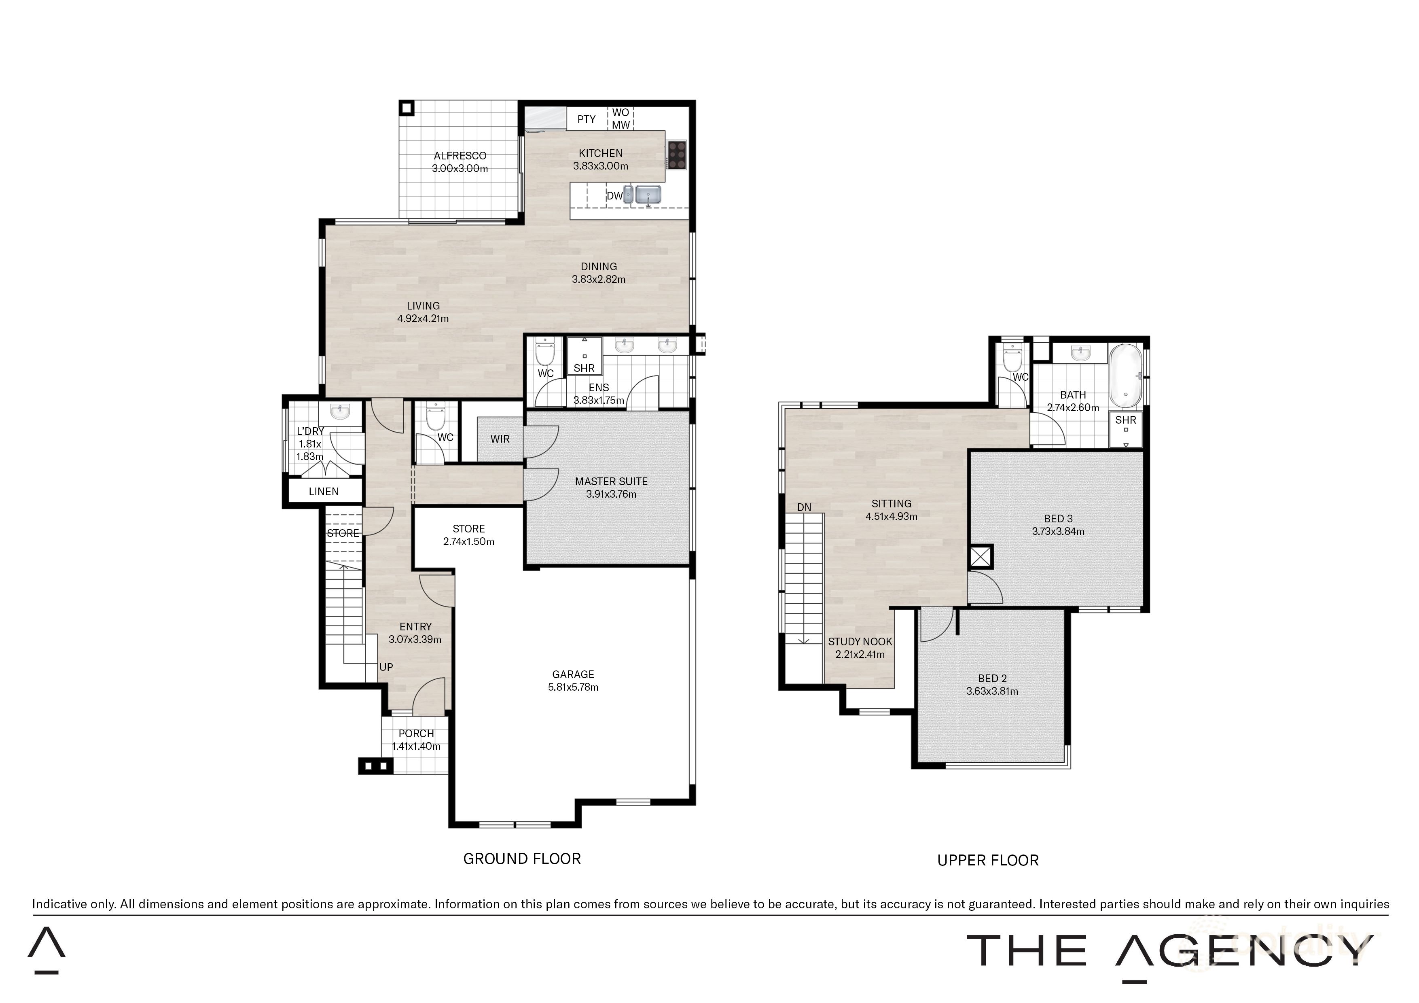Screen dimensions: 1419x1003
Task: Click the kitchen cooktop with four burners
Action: pyautogui.click(x=677, y=155)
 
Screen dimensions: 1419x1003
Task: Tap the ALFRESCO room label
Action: pyautogui.click(x=460, y=156)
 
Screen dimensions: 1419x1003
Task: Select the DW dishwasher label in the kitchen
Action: pyautogui.click(x=614, y=196)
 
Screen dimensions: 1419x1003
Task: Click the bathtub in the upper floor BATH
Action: pyautogui.click(x=1126, y=375)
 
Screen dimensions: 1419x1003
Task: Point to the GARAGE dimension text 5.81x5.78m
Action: pyautogui.click(x=573, y=687)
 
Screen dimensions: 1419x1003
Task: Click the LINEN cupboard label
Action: pyautogui.click(x=324, y=492)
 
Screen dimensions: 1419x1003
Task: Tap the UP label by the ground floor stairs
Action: pyautogui.click(x=386, y=668)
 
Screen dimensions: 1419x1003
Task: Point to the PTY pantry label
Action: pyautogui.click(x=587, y=119)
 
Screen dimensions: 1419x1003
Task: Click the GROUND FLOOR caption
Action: pyautogui.click(x=522, y=859)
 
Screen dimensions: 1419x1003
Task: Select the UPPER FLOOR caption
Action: pyautogui.click(x=988, y=860)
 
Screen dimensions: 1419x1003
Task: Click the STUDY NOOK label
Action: pyautogui.click(x=860, y=642)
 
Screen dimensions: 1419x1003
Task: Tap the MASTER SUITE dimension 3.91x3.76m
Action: pyautogui.click(x=611, y=494)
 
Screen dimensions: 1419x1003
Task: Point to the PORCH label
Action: pyautogui.click(x=416, y=734)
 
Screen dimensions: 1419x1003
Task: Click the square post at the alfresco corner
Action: pyautogui.click(x=407, y=108)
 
